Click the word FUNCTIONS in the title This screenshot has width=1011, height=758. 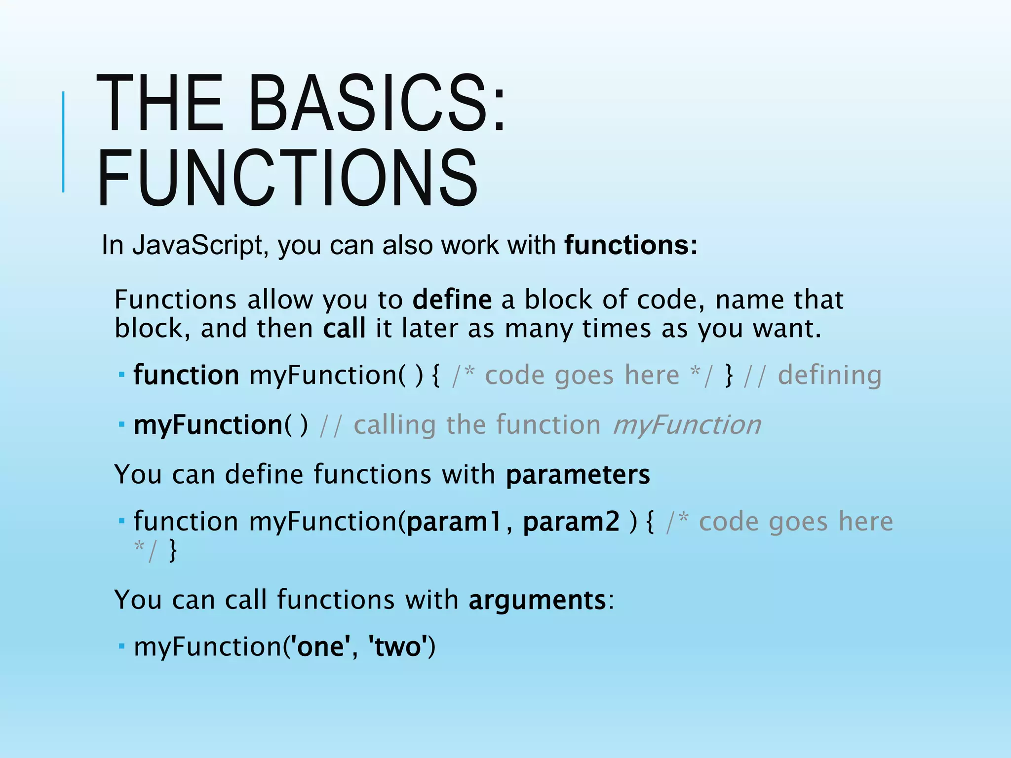[288, 179]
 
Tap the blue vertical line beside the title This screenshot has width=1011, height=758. [63, 142]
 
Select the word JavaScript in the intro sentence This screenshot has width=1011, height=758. [197, 245]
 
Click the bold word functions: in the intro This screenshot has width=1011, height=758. [631, 245]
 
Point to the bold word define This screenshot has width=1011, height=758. [452, 300]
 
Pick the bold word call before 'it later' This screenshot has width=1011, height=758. [344, 329]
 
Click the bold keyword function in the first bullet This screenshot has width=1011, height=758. [186, 375]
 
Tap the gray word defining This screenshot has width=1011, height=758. [829, 375]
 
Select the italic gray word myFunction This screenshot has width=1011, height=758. [687, 425]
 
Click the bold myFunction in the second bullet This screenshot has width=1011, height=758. [208, 425]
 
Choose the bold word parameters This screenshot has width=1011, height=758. [578, 475]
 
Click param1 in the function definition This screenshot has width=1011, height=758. [453, 522]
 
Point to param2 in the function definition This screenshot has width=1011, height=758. [571, 522]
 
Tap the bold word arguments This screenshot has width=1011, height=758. [537, 600]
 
